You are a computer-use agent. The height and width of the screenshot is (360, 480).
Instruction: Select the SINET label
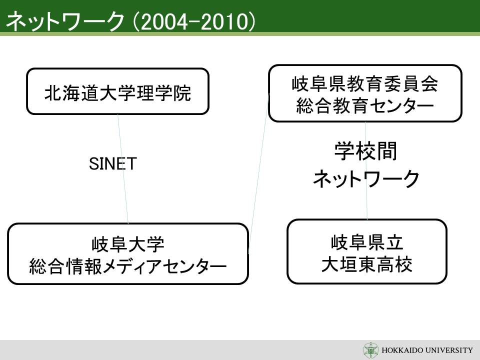pyautogui.click(x=112, y=164)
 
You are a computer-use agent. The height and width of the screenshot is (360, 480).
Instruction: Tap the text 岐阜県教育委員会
pyautogui.click(x=365, y=84)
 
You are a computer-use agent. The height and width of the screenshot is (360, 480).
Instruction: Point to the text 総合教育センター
pyautogui.click(x=365, y=106)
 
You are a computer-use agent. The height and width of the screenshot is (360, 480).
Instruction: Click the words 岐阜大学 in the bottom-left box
pyautogui.click(x=128, y=244)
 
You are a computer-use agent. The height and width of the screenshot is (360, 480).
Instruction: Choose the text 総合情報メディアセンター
pyautogui.click(x=128, y=266)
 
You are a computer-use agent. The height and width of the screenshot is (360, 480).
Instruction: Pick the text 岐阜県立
pyautogui.click(x=366, y=242)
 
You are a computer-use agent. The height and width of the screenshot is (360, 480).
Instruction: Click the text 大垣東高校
pyautogui.click(x=366, y=264)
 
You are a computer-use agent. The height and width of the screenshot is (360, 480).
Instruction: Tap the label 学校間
pyautogui.click(x=366, y=151)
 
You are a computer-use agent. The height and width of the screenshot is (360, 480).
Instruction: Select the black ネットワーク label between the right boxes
pyautogui.click(x=366, y=179)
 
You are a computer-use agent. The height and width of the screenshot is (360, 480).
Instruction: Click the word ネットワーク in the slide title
pyautogui.click(x=65, y=21)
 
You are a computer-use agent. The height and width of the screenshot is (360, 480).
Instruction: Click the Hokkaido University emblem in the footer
pyautogui.click(x=370, y=350)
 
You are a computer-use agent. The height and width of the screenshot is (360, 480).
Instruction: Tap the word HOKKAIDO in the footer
pyautogui.click(x=401, y=350)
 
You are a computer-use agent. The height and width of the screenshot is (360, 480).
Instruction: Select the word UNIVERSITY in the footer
pyautogui.click(x=449, y=350)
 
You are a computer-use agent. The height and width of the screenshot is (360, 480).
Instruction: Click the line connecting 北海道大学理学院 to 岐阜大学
pyautogui.click(x=123, y=169)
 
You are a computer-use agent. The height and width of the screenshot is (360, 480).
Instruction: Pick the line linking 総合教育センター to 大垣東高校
pyautogui.click(x=366, y=170)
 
